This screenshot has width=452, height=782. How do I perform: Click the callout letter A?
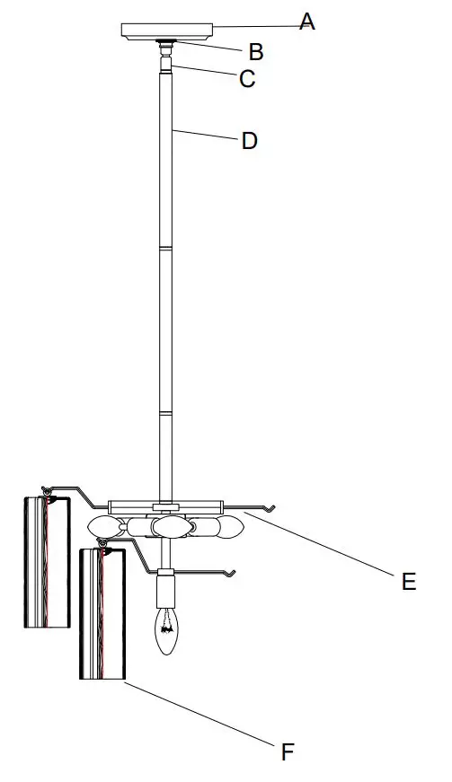307,22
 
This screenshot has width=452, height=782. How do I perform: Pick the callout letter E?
409,581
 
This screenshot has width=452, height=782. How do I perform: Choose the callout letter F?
288,751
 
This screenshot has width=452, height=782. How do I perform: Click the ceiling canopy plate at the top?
167,30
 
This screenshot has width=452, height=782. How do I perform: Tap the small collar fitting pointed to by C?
166,65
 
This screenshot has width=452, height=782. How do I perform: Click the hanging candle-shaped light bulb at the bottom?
166,632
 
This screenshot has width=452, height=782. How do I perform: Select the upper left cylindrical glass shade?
46,562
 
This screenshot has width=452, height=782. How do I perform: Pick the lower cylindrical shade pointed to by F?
102,615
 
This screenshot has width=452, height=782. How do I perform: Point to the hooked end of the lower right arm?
232,573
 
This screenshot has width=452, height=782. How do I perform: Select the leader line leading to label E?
323,544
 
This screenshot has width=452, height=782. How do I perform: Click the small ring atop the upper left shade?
45,489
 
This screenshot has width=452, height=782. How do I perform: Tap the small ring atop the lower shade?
102,544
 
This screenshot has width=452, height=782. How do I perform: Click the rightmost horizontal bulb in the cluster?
228,527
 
